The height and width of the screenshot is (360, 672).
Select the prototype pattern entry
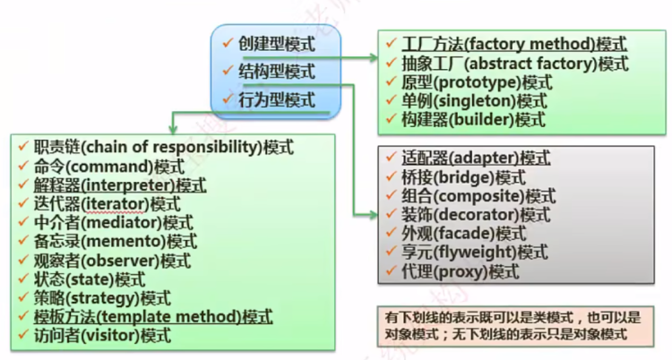pos(477,82)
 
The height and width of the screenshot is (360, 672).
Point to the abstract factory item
pos(514,64)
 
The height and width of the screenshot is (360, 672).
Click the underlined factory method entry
pos(514,44)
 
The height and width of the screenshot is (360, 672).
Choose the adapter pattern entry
pos(476,158)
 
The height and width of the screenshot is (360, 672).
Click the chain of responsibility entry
pos(164,147)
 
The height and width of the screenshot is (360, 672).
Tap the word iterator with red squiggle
pos(115,204)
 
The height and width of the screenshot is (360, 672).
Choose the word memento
pos(124,241)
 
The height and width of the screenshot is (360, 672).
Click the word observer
pos(120,261)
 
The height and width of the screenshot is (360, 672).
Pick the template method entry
pos(153,317)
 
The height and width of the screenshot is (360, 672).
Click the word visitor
pos(111,336)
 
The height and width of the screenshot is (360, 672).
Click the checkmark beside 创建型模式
pos(228,43)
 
